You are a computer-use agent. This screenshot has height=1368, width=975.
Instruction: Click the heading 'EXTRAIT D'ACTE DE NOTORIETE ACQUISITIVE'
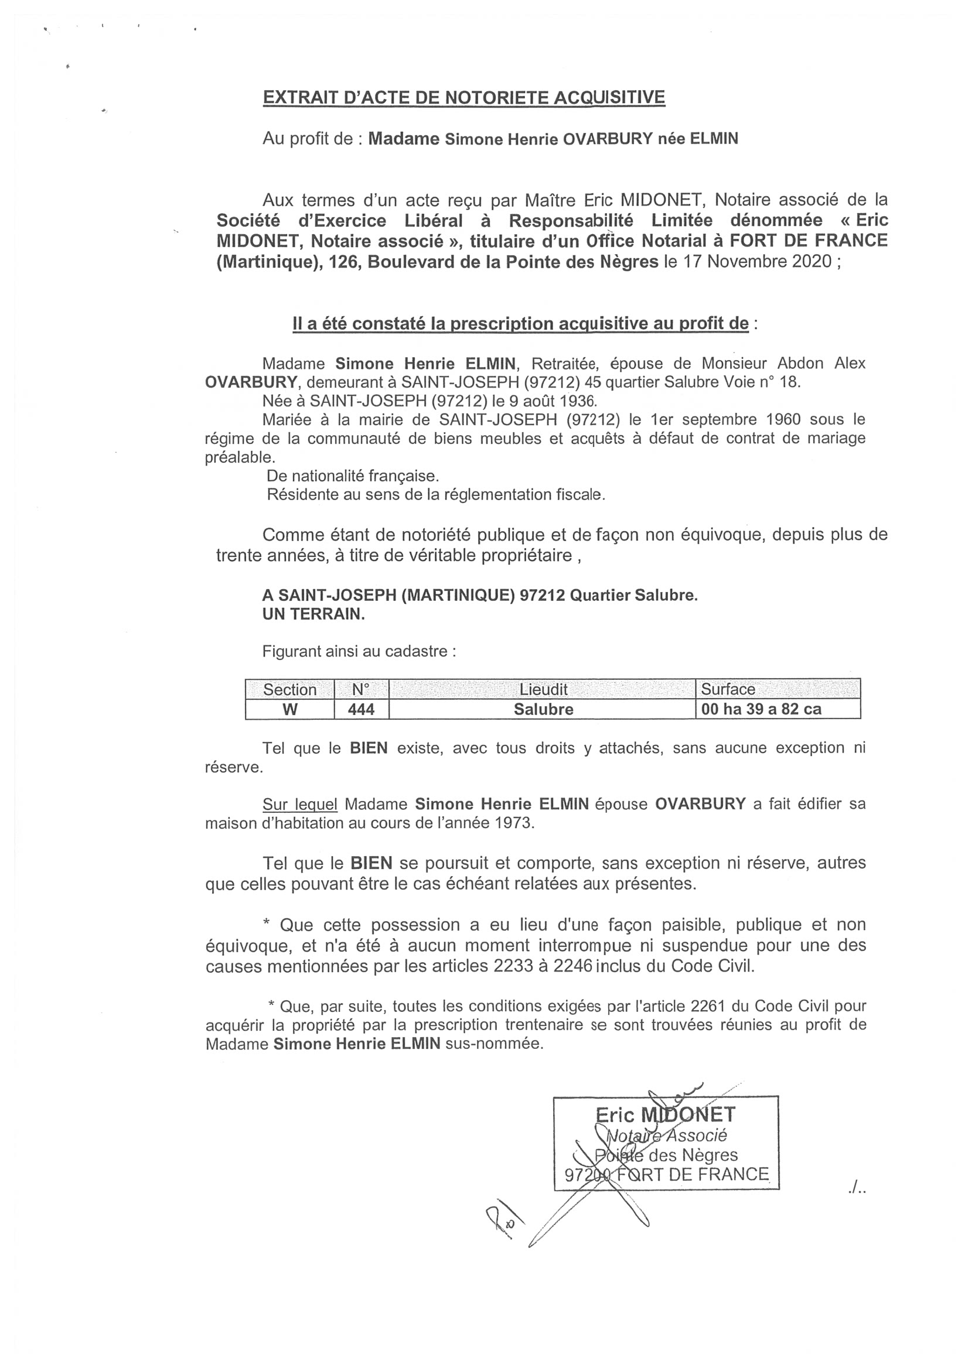click(463, 97)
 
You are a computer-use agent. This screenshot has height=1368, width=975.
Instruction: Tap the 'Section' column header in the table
click(289, 689)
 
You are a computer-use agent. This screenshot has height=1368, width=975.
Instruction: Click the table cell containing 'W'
click(289, 709)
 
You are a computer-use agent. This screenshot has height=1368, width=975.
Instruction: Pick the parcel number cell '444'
click(362, 709)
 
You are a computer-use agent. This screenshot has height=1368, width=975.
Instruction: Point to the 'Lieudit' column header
click(543, 689)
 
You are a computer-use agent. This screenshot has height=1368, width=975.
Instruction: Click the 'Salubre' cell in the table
click(543, 709)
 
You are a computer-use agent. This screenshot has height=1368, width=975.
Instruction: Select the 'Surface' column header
click(728, 689)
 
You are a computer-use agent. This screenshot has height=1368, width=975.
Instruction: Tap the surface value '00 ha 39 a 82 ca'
click(761, 709)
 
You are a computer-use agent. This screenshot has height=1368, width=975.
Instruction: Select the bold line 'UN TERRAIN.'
click(313, 614)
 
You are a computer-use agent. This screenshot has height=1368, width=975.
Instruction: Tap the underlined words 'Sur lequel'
click(299, 803)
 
